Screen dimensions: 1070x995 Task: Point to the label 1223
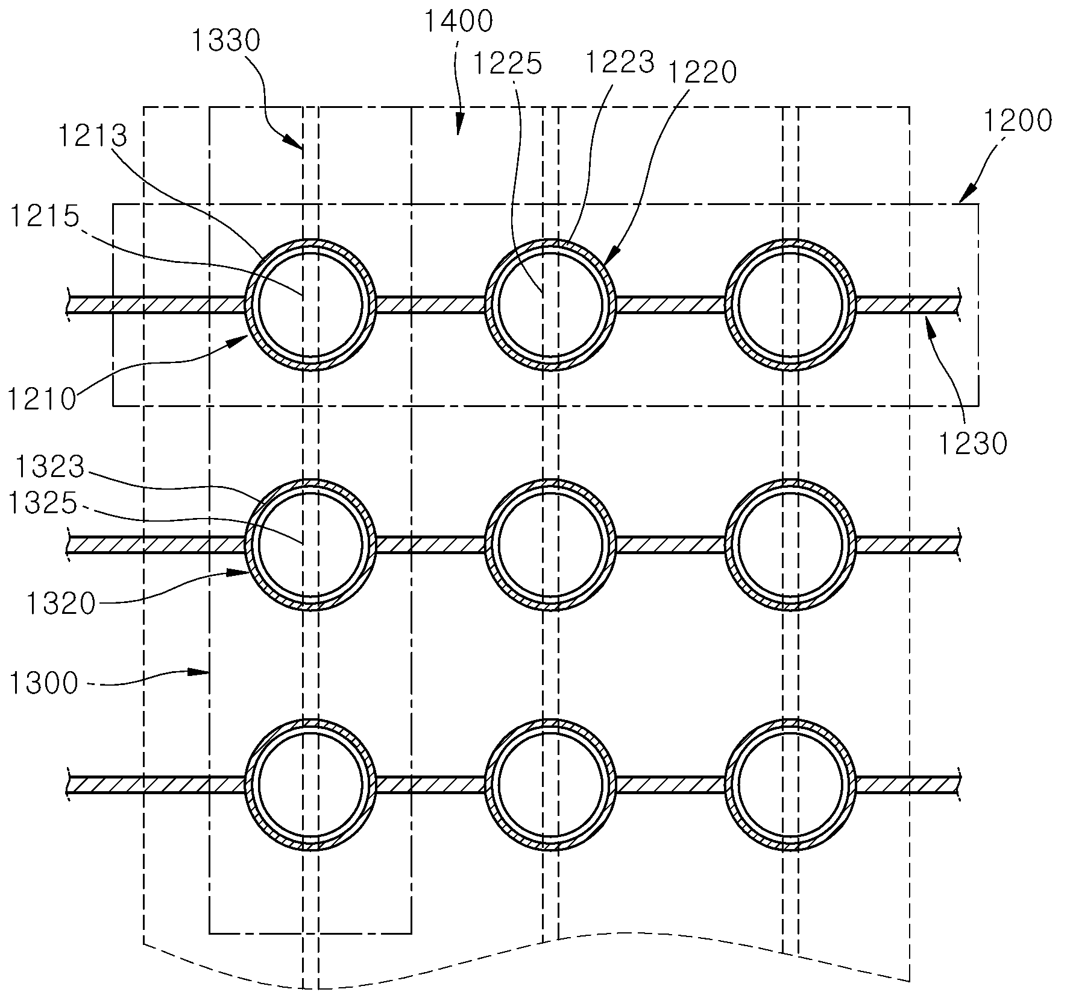click(x=620, y=62)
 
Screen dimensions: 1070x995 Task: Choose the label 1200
click(x=1017, y=121)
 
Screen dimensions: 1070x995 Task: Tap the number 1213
click(x=93, y=136)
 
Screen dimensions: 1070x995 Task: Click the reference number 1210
click(x=42, y=399)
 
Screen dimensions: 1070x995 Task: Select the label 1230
click(x=972, y=444)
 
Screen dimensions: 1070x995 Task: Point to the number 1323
click(x=51, y=467)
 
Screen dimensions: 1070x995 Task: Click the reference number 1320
click(x=61, y=604)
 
